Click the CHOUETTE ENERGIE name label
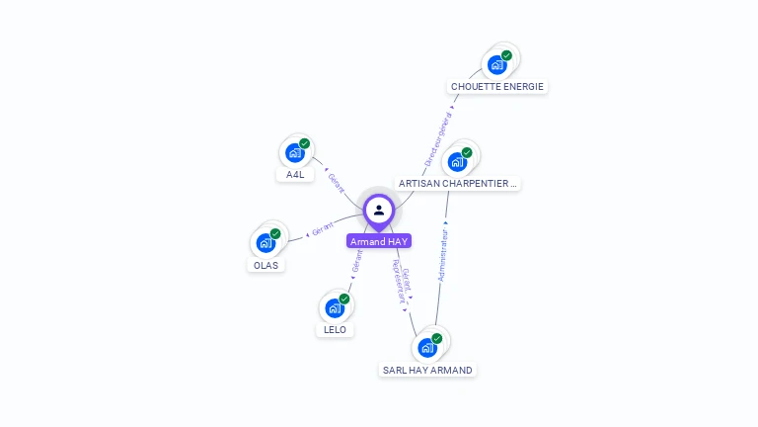point(497,87)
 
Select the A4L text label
point(295,175)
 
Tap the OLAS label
point(265,265)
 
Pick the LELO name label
point(336,330)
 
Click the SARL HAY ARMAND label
point(427,371)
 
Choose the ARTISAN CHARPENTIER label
point(456,184)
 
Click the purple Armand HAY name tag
point(379,241)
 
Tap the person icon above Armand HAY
point(379,210)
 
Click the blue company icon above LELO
point(335,307)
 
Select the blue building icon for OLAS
point(265,242)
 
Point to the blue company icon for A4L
point(294,152)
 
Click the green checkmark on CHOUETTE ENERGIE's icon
point(506,56)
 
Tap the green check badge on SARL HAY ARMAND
point(436,339)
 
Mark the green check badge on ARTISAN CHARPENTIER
point(466,153)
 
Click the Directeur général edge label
point(438,139)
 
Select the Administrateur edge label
point(444,256)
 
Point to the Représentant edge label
point(398,283)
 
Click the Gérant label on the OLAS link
point(323,229)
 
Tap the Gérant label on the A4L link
point(337,183)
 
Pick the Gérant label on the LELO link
point(356,261)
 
